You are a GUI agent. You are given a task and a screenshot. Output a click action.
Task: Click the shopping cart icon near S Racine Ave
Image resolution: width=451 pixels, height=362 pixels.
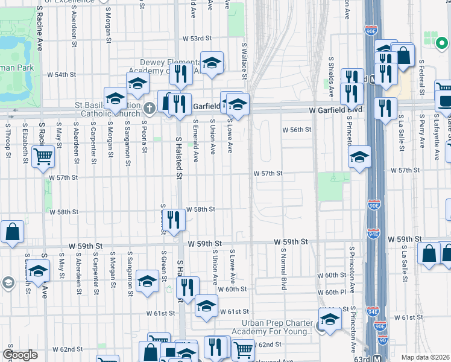point(43,157)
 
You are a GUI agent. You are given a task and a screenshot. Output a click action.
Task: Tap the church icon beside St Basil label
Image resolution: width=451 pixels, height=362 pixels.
point(150,108)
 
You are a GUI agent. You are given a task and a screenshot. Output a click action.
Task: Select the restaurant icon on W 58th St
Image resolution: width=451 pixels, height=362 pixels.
point(174,220)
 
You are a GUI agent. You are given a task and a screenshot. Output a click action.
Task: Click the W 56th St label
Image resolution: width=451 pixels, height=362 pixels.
point(297,130)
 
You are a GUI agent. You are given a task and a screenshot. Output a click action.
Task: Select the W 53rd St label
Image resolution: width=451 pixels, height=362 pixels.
point(185,38)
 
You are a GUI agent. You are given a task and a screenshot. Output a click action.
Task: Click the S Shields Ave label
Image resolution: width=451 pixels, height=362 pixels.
point(331,78)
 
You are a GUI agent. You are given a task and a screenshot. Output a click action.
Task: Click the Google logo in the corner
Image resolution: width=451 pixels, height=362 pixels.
point(20,355)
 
